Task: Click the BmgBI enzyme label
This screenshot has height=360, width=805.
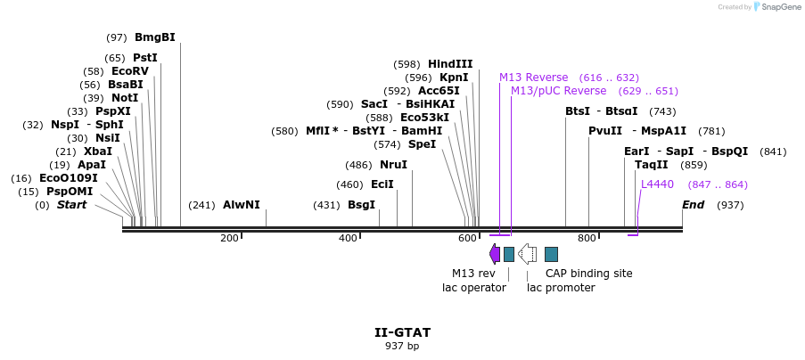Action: (154, 37)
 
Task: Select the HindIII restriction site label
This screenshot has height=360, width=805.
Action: (450, 64)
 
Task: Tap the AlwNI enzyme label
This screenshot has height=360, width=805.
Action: (241, 205)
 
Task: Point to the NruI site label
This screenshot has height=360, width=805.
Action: (393, 165)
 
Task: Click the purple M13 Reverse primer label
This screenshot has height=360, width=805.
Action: (533, 78)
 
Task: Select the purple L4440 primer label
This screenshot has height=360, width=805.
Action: (658, 184)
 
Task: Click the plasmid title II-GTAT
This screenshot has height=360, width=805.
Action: (402, 332)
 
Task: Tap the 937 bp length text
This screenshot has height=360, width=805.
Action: (402, 346)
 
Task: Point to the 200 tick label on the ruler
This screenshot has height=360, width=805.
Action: (229, 238)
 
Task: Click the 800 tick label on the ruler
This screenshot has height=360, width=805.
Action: (587, 238)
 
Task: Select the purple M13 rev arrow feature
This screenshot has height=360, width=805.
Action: (495, 254)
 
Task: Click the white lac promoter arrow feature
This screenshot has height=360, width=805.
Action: (527, 254)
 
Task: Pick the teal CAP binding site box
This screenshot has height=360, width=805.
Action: (551, 254)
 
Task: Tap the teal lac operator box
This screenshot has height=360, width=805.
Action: (509, 254)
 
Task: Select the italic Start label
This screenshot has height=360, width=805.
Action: (72, 205)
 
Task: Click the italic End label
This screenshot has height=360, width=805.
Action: (694, 205)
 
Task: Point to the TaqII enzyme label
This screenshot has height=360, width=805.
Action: (652, 165)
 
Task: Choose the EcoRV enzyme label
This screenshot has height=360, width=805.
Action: (130, 71)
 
